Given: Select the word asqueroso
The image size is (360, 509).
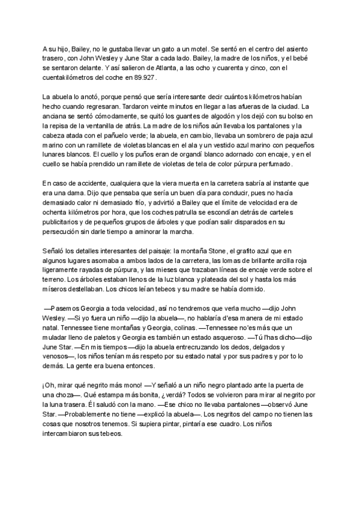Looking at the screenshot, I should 226,337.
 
